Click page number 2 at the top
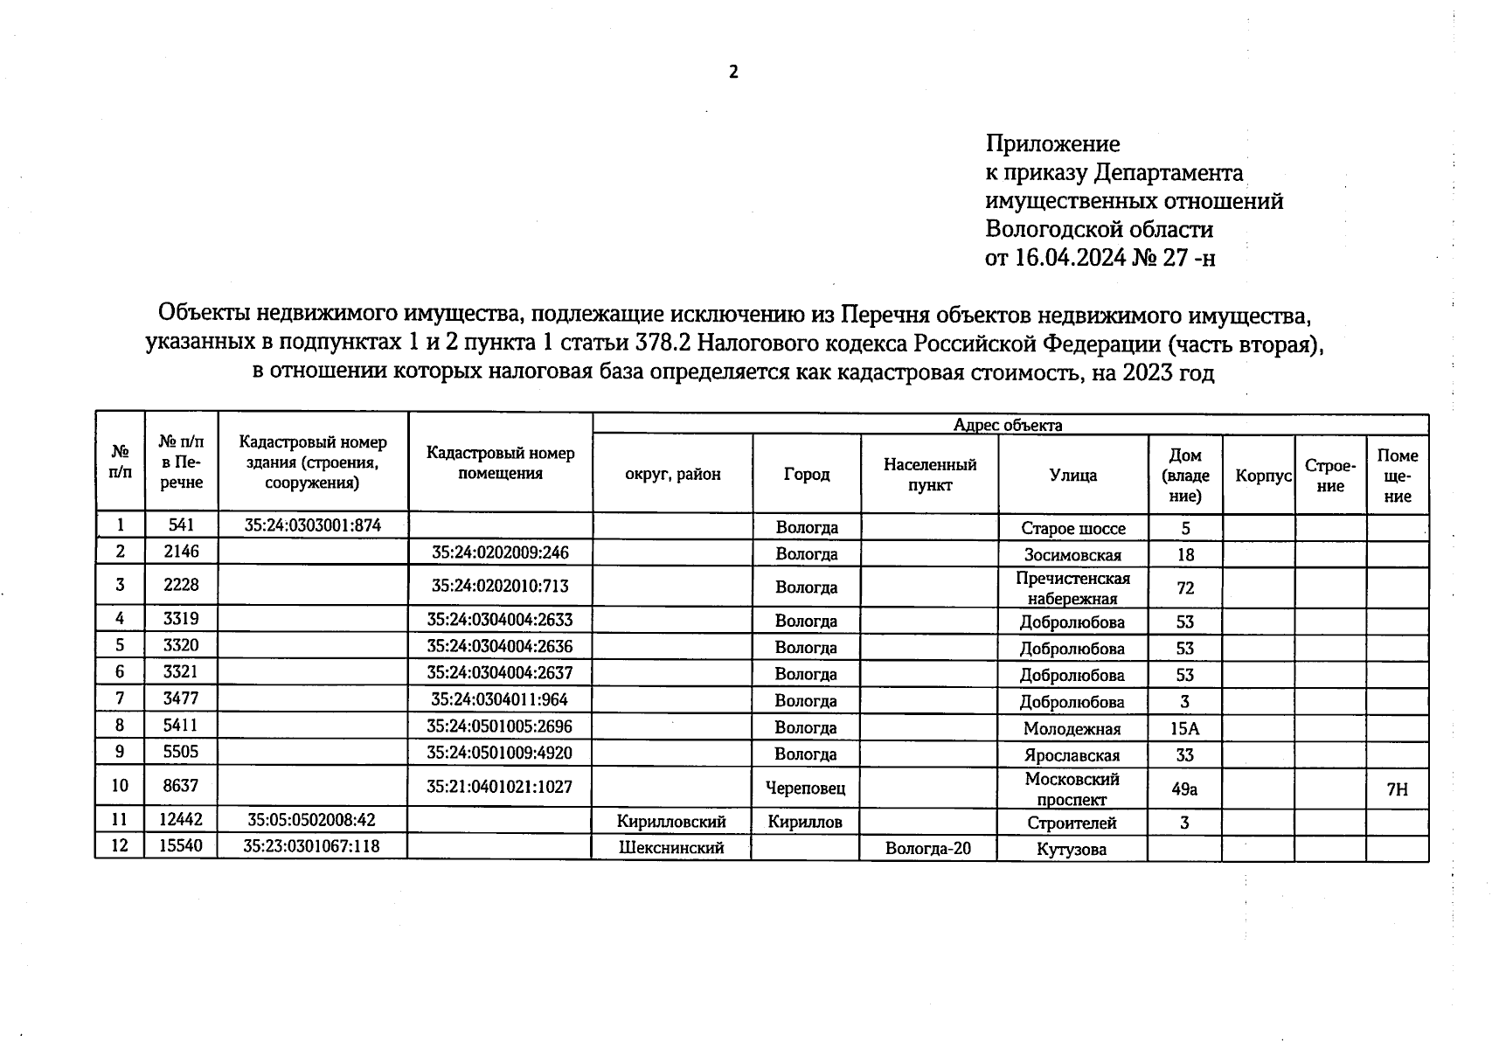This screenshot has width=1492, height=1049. pos(733,73)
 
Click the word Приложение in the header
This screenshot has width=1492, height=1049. pos(1052,143)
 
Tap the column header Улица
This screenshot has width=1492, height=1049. pos(1072,475)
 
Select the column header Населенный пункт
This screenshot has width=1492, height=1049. pos(929,475)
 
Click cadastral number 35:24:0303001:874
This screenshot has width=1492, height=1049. pos(313,525)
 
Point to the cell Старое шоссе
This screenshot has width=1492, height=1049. pos(1072,529)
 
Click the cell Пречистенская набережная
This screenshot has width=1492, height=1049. pos(1072,588)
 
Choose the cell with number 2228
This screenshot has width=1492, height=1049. pos(181,586)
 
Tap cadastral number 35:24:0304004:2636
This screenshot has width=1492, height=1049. pos(499,646)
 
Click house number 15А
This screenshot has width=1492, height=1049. pos(1184,729)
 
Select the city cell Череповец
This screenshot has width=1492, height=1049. pos(805,788)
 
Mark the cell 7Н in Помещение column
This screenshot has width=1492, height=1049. pos(1397,789)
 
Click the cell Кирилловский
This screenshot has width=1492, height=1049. pos(671,822)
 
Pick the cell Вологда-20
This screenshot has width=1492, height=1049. pos(927,848)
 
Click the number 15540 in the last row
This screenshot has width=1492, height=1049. pos(181,845)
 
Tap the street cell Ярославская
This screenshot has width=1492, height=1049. pos(1072,755)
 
